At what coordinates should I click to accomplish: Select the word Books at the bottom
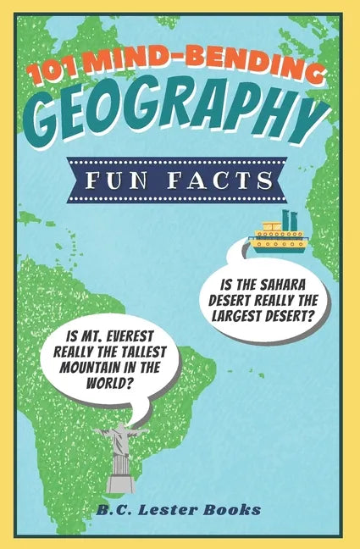click(x=231, y=509)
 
